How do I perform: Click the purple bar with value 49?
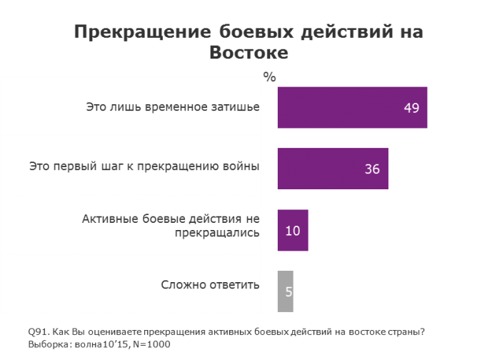pyautogui.click(x=351, y=108)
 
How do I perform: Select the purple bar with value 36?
pyautogui.click(x=332, y=169)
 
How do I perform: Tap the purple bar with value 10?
pyautogui.click(x=292, y=231)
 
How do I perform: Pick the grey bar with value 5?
pyautogui.click(x=285, y=291)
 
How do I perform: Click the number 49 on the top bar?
pyautogui.click(x=411, y=108)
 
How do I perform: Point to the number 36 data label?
pyautogui.click(x=371, y=169)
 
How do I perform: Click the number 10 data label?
pyautogui.click(x=292, y=231)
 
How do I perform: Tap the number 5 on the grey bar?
pyautogui.click(x=289, y=291)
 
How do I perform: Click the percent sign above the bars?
pyautogui.click(x=269, y=77)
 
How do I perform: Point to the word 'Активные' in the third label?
pyautogui.click(x=110, y=219)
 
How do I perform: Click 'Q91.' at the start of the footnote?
pyautogui.click(x=38, y=331)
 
